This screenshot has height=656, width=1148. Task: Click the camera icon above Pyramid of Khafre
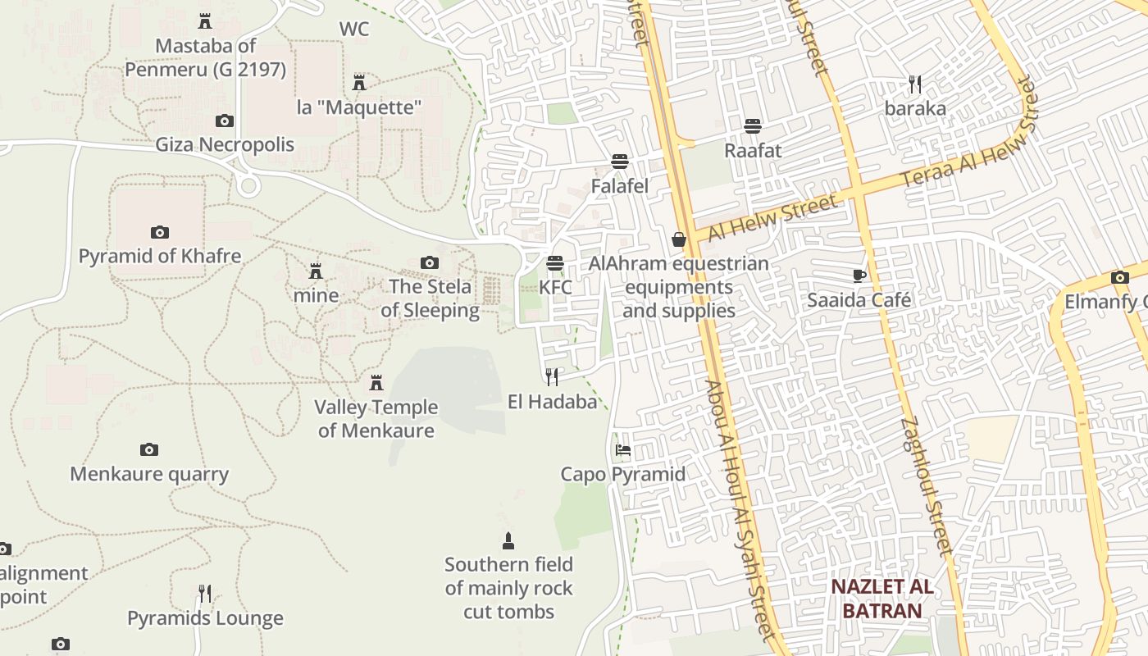(160, 233)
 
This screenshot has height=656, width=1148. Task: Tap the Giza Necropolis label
(225, 145)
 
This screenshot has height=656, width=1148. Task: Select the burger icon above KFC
(555, 263)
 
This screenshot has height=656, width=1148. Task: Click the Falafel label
(620, 186)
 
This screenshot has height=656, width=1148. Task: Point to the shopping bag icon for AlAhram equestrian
(678, 239)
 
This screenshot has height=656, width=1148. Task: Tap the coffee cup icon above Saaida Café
(859, 276)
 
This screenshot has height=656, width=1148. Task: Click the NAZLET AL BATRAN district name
(881, 599)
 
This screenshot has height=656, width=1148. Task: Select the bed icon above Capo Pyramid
(623, 450)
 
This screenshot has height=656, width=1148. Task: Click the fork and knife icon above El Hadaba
(552, 377)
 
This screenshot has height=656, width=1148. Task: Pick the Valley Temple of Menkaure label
(376, 418)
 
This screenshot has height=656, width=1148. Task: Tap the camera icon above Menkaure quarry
(148, 449)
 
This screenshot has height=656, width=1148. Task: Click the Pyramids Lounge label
(205, 618)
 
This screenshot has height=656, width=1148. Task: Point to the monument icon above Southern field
(508, 540)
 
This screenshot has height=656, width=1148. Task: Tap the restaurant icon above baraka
(915, 84)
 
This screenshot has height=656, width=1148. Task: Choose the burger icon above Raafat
(752, 126)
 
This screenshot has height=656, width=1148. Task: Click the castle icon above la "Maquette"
(358, 82)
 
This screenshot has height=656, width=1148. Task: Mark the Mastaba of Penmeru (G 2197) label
(205, 57)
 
